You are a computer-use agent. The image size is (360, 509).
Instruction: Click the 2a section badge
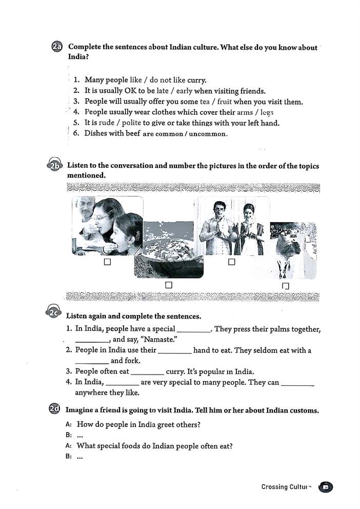(x=57, y=47)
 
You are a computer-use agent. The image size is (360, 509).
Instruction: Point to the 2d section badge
(x=54, y=409)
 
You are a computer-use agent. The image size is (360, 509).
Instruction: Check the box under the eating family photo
(x=107, y=262)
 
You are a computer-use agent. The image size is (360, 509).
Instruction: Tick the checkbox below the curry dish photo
(x=168, y=284)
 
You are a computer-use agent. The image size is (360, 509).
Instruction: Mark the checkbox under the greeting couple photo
(x=231, y=262)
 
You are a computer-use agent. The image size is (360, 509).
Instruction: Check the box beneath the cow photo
(x=286, y=285)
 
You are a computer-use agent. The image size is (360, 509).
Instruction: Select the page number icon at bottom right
(x=325, y=486)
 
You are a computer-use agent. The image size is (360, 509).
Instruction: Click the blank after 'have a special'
(x=193, y=329)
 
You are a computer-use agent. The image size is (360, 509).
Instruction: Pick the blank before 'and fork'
(x=92, y=361)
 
